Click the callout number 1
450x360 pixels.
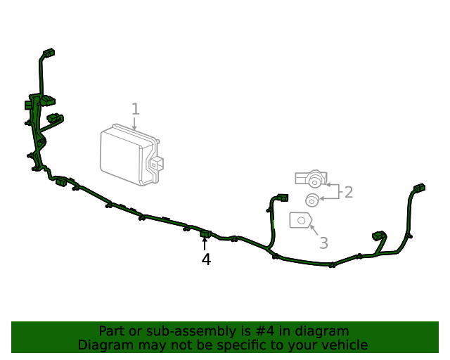coord(136,109)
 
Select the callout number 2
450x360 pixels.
coord(349,192)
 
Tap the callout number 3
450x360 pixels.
coord(323,243)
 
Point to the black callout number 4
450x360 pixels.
coord(206,259)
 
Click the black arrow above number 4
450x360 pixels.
coord(205,244)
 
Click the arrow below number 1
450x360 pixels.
coord(134,124)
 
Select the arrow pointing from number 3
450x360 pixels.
coord(314,230)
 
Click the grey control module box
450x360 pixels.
coord(131,155)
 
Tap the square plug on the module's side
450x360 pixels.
coord(156,165)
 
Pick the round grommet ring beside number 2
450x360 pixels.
coord(312,200)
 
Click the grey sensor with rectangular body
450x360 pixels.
coord(311,179)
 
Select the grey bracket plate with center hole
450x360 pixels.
coord(300,220)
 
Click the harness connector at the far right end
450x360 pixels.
coord(419,188)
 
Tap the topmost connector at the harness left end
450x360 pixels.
coord(49,53)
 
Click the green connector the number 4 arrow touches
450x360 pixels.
coord(205,234)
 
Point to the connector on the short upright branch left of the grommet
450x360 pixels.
coord(283,198)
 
